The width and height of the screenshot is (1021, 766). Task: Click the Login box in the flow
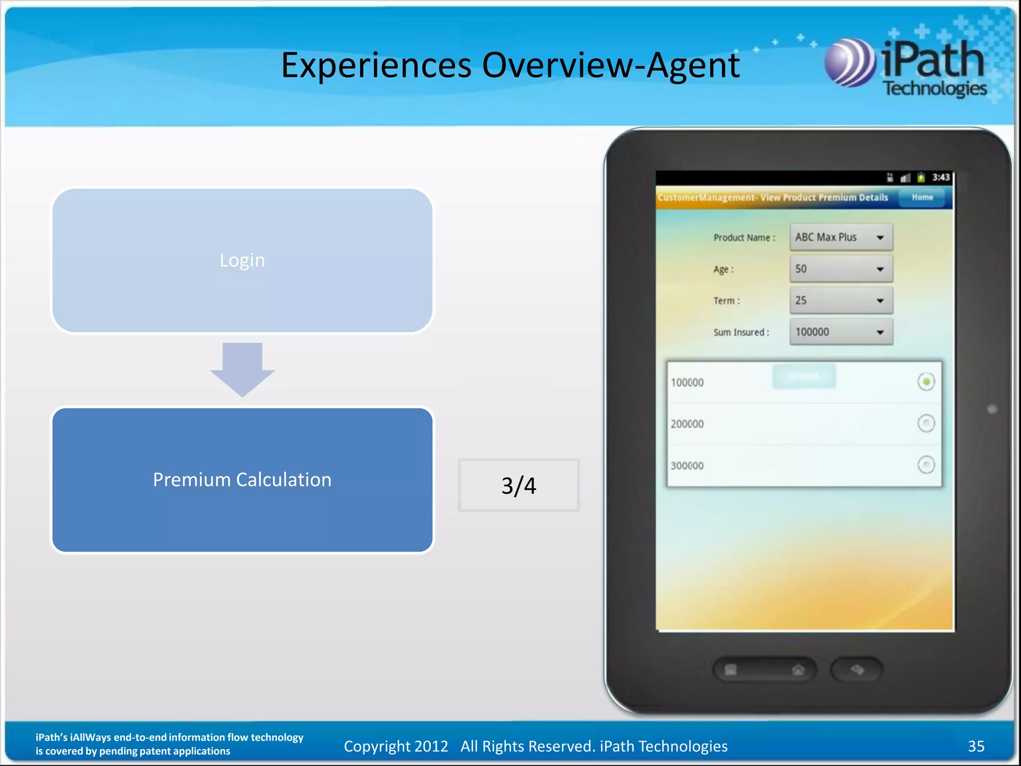tap(242, 260)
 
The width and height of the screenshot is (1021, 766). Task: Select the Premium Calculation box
tap(242, 480)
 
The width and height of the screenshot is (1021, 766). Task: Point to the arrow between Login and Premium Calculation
tap(242, 369)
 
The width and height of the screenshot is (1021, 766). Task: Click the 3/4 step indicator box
tap(518, 485)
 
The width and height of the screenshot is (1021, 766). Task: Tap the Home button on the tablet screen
tap(922, 197)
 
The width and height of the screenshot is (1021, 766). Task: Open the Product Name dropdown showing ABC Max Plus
tap(841, 237)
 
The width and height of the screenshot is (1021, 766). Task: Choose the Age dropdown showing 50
tap(841, 269)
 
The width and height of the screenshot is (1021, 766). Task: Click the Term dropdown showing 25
tap(841, 301)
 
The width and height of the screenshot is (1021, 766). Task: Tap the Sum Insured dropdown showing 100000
tap(841, 332)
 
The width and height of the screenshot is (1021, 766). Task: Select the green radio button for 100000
tap(926, 382)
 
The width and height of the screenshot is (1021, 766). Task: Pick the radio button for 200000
tap(926, 423)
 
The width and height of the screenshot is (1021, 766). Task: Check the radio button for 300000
tap(926, 465)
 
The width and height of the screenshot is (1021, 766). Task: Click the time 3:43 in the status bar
tap(941, 178)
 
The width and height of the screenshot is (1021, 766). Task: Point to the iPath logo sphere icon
tap(850, 63)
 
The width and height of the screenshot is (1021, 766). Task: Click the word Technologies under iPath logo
tap(935, 88)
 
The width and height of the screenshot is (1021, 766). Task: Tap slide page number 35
tap(976, 746)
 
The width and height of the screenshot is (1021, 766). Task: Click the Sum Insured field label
tap(741, 333)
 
